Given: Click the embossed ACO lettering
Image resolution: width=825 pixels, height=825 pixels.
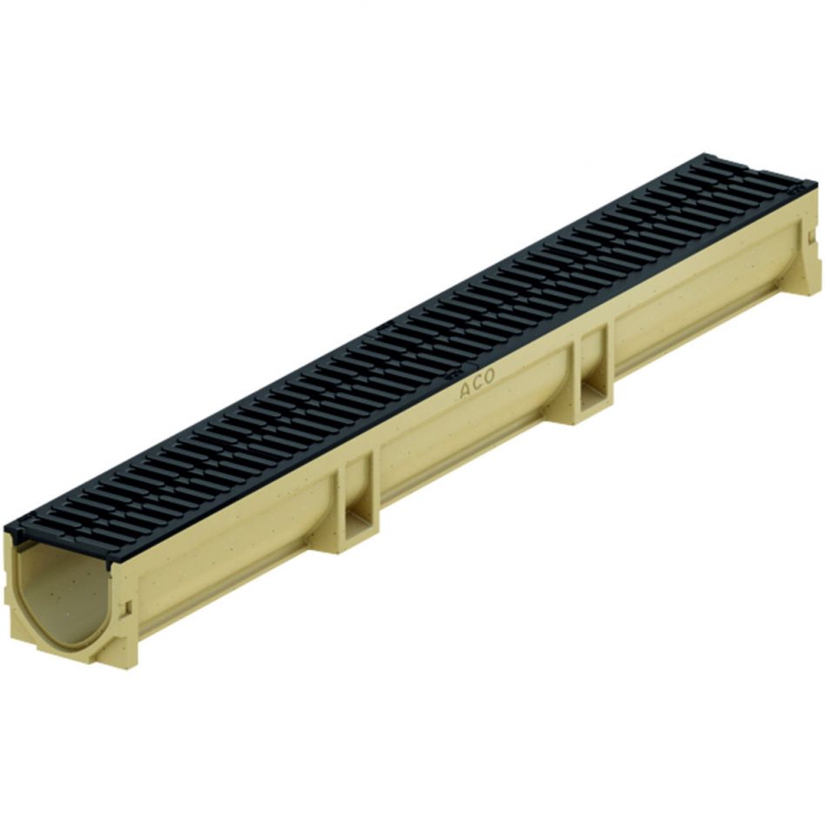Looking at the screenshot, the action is coord(477,383).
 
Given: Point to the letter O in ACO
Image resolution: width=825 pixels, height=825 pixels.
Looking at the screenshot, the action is coord(489,378).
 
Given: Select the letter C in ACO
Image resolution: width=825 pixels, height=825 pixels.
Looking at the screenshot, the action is coord(478,383).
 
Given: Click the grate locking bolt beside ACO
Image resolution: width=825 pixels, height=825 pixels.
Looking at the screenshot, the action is coord(453,376).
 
